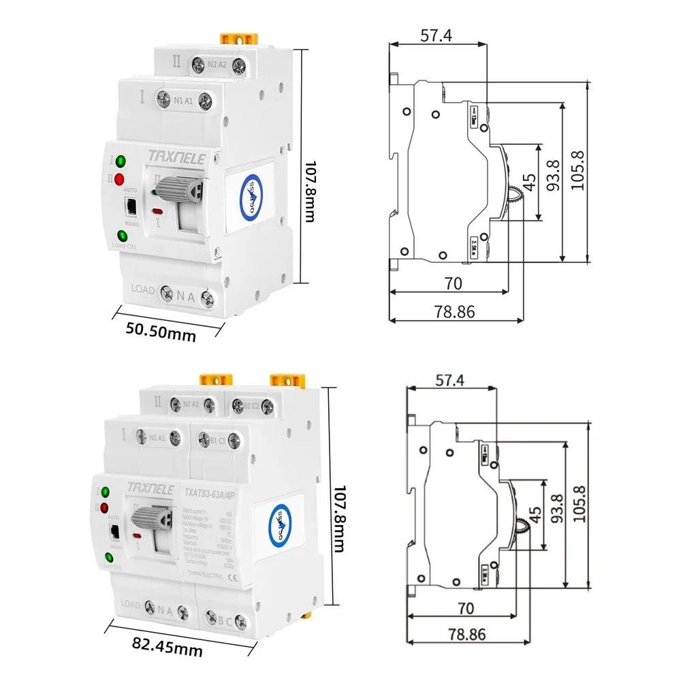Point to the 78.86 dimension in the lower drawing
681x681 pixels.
point(467,634)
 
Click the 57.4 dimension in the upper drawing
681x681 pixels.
point(436,35)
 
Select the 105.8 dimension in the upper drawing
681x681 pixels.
point(580,173)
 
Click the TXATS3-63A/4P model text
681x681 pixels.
point(211,491)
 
